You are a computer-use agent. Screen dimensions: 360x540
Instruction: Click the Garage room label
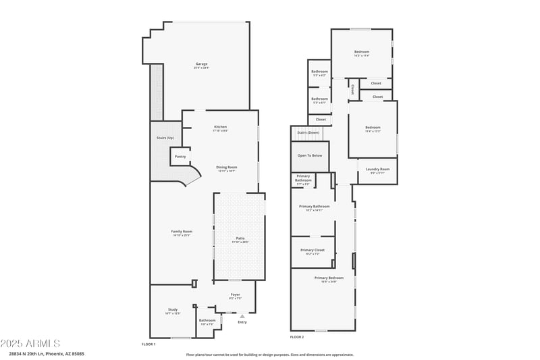click(200, 64)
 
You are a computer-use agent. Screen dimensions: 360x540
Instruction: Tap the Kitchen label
click(220, 127)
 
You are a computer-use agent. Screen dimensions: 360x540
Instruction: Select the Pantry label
click(180, 157)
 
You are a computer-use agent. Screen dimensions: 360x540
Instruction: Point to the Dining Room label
click(226, 167)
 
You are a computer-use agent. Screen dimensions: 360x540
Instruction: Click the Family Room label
click(182, 232)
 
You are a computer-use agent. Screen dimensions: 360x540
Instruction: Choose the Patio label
click(240, 238)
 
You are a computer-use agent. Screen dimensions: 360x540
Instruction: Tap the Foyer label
click(235, 294)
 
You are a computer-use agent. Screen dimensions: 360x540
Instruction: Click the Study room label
click(173, 310)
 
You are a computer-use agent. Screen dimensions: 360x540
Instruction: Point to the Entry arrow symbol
click(242, 315)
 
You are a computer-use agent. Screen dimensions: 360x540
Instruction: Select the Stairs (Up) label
click(165, 138)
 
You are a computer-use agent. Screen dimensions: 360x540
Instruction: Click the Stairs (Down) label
click(308, 132)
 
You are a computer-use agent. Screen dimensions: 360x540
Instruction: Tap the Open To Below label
click(310, 155)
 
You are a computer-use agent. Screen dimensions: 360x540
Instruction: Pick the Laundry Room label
click(377, 169)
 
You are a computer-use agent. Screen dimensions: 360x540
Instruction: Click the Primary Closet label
click(313, 250)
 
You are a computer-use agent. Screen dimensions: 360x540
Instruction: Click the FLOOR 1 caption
click(148, 344)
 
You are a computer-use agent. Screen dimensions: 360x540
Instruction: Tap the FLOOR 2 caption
click(297, 336)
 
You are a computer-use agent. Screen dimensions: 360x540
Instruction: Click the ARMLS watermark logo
click(30, 344)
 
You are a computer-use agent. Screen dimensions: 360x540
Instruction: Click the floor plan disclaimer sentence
click(269, 354)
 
